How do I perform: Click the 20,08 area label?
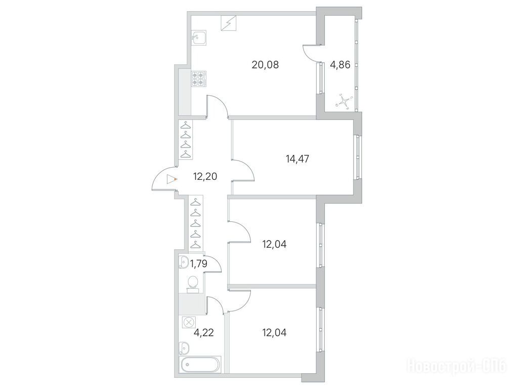[265, 65]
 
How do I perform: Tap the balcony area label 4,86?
[340, 65]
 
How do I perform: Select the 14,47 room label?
[297, 159]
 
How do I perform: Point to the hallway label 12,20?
[205, 177]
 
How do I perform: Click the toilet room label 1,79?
[199, 263]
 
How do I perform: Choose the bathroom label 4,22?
[203, 333]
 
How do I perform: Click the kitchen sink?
[198, 38]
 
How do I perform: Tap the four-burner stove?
[199, 79]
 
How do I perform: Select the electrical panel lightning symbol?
[229, 23]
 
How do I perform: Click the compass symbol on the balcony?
[344, 101]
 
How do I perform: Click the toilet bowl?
[193, 284]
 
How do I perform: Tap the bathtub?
[200, 364]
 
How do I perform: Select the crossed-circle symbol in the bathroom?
[189, 322]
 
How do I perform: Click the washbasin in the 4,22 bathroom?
[184, 348]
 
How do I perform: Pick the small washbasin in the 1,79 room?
[183, 262]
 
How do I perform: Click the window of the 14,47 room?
[358, 157]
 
